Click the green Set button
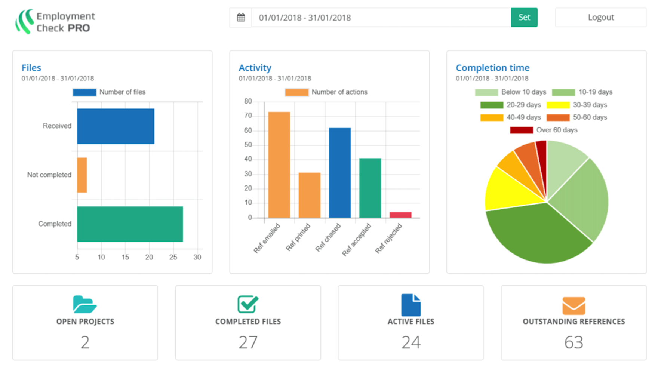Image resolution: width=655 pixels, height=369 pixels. pos(524,17)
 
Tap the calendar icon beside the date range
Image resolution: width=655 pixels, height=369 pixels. pos(241,18)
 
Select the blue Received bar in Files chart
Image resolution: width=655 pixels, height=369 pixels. pos(116,126)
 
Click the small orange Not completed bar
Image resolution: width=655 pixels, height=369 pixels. pos(82,175)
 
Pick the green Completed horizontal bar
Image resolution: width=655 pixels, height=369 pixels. pos(130,224)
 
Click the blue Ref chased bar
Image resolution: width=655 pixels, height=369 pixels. pos(339,173)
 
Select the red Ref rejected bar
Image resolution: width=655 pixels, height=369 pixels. pos(400,215)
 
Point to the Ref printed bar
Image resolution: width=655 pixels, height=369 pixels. pos(309,195)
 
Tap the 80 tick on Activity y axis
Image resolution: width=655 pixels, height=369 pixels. pos(248,101)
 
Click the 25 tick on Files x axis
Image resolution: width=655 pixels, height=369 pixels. pos(173,257)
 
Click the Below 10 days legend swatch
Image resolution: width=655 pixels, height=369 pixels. pos(486,92)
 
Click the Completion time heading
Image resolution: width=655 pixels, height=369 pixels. pos(492,68)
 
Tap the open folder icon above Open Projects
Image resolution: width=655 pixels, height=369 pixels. pos(84,304)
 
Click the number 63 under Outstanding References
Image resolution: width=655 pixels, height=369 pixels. pos(573,342)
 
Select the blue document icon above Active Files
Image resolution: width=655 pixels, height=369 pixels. pos(410,305)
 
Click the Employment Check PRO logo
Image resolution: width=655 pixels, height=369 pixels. pos(55,22)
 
